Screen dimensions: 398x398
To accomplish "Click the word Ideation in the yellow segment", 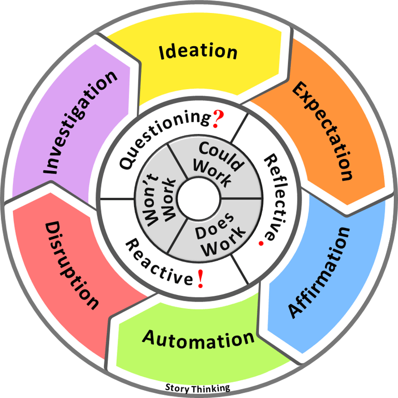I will (198, 51).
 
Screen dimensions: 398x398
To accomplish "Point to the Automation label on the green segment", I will (198, 339).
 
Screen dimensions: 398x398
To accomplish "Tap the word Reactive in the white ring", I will (159, 261).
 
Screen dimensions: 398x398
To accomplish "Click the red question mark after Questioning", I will (218, 120).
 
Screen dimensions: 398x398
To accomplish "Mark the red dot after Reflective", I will (267, 241).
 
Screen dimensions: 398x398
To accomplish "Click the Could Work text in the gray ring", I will (218, 164).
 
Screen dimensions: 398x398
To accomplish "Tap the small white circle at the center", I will (199, 198).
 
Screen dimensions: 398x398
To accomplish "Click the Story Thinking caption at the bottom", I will (197, 387).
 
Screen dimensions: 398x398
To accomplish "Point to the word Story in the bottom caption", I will (177, 387).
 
